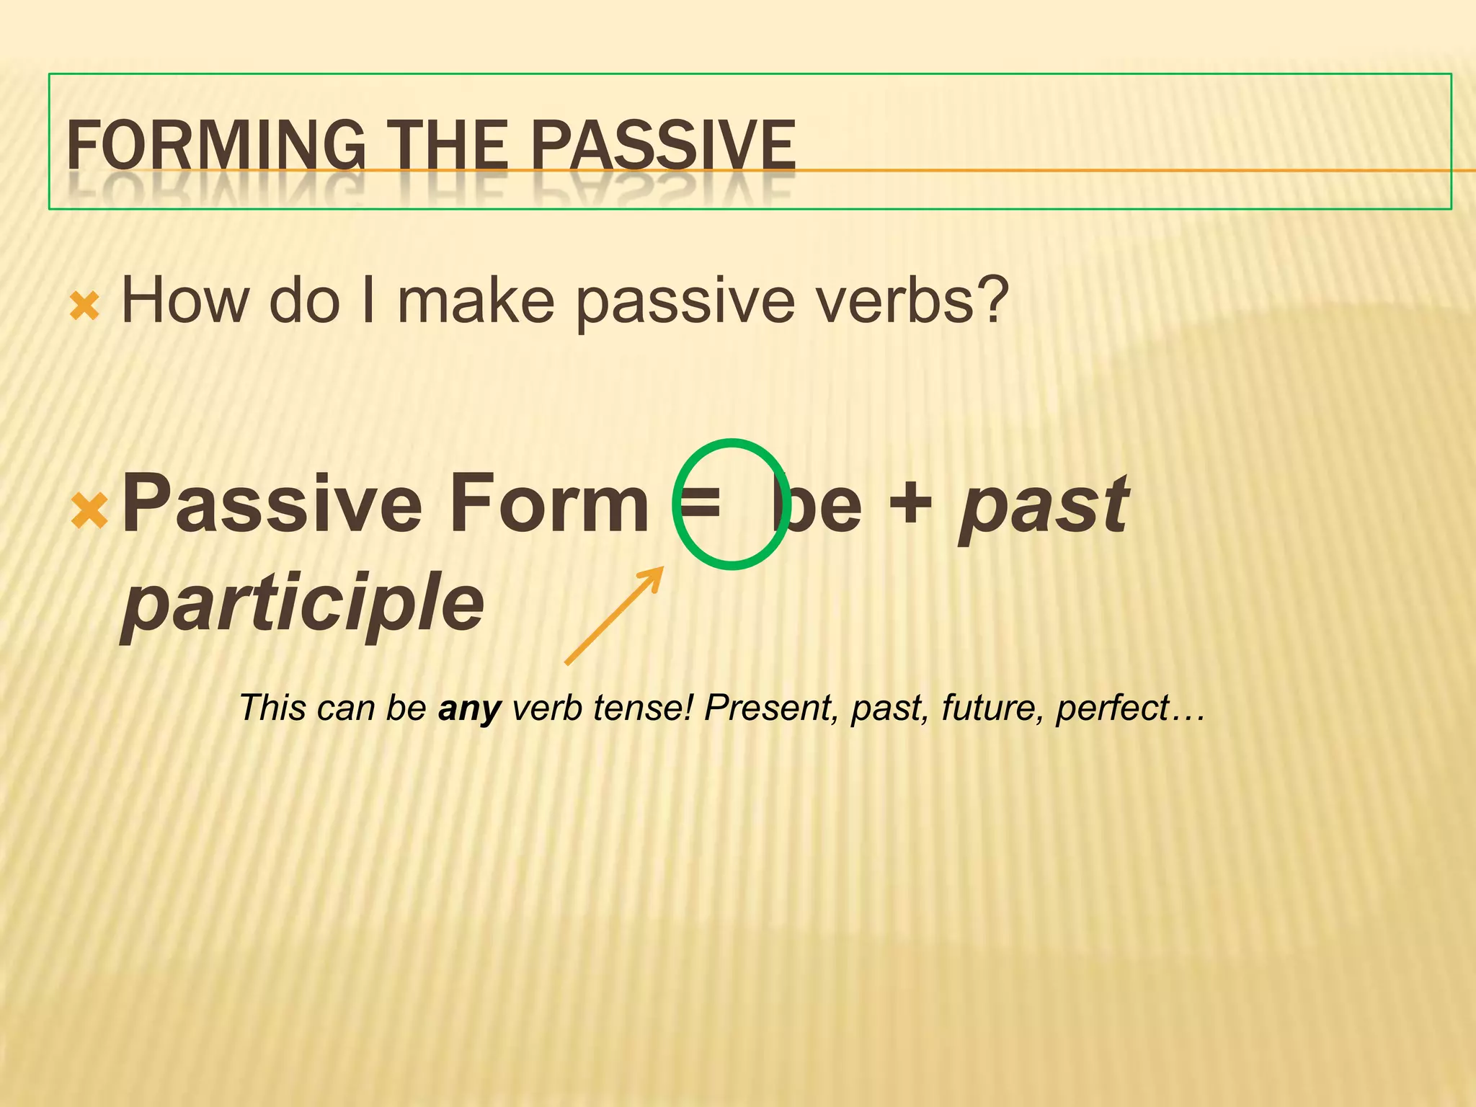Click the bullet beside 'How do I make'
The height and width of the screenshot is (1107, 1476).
[x=84, y=306]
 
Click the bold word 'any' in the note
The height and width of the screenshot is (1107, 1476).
[x=469, y=708]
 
